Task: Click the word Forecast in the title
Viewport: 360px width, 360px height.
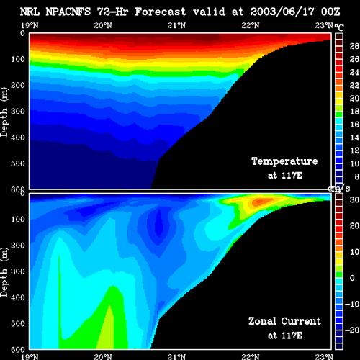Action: tap(161, 12)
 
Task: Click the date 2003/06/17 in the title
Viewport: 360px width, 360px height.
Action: tap(282, 12)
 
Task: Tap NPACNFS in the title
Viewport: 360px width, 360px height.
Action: tap(68, 12)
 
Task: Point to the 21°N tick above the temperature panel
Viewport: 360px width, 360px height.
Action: tap(176, 25)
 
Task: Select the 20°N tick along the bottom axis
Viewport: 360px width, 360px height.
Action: tap(103, 356)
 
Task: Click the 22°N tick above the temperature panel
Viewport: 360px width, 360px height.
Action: tap(251, 25)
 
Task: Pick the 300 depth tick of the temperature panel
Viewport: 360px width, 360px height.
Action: tap(18, 112)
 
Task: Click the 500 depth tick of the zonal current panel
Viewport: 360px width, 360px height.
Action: tap(18, 323)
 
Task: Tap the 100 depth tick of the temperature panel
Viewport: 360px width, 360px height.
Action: tap(18, 59)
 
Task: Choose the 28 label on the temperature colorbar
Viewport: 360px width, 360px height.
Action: tap(354, 46)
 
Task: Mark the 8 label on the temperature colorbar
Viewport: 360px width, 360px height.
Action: tap(357, 176)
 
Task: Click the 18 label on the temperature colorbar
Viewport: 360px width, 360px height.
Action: tap(354, 112)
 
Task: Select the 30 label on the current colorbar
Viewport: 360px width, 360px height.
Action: tap(354, 199)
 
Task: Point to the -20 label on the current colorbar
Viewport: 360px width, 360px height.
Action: tap(352, 330)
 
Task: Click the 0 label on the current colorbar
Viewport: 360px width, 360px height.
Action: tap(352, 278)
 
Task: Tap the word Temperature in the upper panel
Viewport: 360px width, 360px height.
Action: tap(284, 161)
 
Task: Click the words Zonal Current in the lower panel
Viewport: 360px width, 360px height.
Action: tap(284, 321)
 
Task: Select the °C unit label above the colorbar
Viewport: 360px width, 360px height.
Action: tap(339, 28)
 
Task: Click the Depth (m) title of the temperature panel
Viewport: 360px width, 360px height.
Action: tap(4, 112)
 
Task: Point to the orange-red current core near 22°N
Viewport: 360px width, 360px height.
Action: tap(261, 202)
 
